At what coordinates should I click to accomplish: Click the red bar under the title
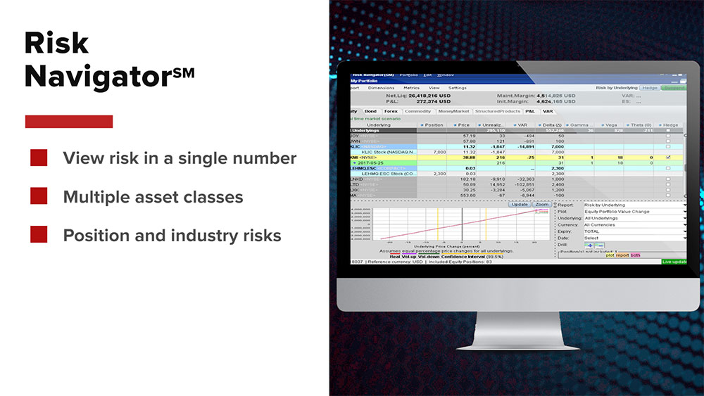click(x=69, y=122)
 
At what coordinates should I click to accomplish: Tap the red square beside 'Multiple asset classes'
click(x=39, y=196)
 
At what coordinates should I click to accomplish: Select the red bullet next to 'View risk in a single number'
click(x=39, y=158)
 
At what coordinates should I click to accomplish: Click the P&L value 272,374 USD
click(x=420, y=102)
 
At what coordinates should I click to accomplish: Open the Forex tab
click(x=391, y=111)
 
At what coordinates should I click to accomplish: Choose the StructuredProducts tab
click(x=498, y=111)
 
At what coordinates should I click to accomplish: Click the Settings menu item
click(x=458, y=88)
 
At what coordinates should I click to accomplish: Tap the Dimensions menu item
click(x=381, y=88)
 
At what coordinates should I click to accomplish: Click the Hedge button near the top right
click(x=649, y=88)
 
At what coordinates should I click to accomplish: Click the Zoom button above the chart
click(x=541, y=204)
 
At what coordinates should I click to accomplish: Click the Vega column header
click(x=610, y=124)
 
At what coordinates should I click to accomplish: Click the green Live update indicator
click(x=674, y=262)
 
